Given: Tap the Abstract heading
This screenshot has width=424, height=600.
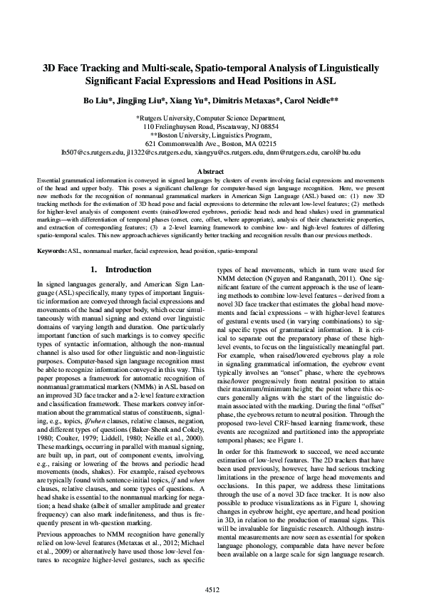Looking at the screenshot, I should [211, 172].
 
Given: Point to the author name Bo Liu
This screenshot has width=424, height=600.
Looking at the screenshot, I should [97, 102].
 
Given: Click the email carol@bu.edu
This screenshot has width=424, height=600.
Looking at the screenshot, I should [343, 152].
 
